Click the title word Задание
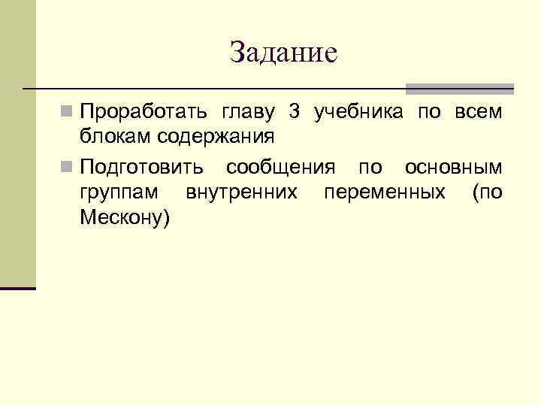[x=283, y=53]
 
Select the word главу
[x=246, y=114]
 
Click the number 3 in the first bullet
[x=295, y=114]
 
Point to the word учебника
[x=360, y=114]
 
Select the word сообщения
[x=281, y=167]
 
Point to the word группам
[x=119, y=192]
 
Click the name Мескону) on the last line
[x=125, y=218]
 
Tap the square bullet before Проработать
[x=68, y=113]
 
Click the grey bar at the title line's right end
[x=459, y=88]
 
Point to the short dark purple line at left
[x=18, y=288]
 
